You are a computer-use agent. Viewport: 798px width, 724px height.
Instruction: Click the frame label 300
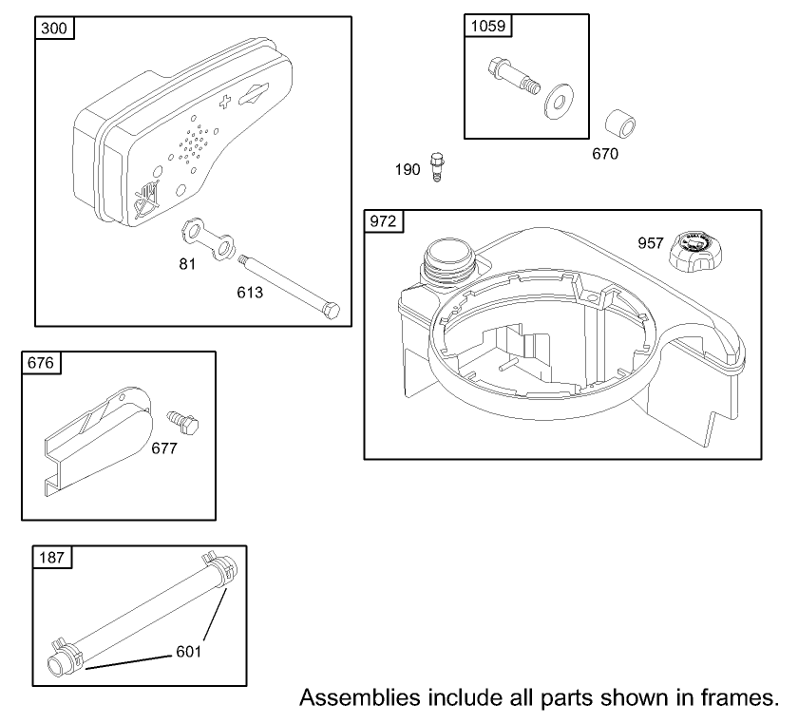[x=54, y=28]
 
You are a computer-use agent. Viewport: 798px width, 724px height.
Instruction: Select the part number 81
[x=187, y=264]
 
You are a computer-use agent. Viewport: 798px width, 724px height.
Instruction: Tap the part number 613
[x=250, y=293]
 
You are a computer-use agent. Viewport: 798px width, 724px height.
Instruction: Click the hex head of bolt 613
[x=331, y=310]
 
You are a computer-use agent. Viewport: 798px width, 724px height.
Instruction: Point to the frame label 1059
[x=488, y=26]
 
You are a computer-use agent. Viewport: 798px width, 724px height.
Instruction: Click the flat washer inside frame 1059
[x=559, y=102]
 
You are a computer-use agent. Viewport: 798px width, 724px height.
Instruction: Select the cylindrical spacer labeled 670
[x=620, y=124]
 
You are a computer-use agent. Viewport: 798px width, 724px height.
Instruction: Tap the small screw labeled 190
[x=437, y=166]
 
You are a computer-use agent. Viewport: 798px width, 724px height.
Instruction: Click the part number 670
[x=605, y=154]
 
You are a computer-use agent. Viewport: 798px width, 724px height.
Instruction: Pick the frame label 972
[x=383, y=221]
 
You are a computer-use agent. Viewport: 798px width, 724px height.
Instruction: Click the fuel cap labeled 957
[x=695, y=252]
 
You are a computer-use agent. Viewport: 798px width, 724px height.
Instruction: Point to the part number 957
[x=651, y=243]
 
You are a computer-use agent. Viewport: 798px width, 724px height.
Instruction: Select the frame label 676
[x=41, y=363]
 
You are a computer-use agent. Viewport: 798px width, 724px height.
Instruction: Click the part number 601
[x=189, y=652]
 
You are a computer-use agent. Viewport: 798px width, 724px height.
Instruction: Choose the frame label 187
[x=52, y=558]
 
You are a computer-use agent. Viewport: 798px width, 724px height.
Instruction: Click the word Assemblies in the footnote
[x=361, y=697]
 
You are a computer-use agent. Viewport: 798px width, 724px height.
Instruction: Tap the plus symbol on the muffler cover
[x=224, y=102]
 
